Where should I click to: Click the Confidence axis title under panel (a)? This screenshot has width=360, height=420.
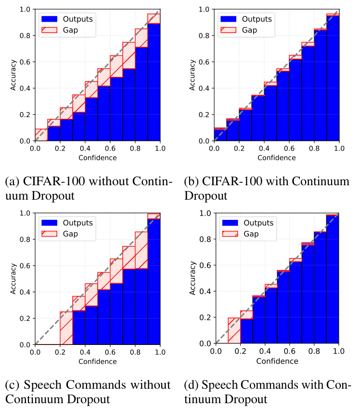[97, 157]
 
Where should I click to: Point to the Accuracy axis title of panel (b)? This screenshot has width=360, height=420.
[192, 75]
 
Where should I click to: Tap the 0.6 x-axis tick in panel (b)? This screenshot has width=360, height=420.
[290, 149]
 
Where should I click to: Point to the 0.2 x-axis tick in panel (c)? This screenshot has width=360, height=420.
[60, 353]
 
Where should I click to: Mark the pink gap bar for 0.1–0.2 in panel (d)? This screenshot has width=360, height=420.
[234, 331]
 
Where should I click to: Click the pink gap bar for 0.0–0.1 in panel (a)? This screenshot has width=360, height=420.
[41, 135]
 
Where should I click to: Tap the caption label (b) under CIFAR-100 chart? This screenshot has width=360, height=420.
[191, 182]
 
